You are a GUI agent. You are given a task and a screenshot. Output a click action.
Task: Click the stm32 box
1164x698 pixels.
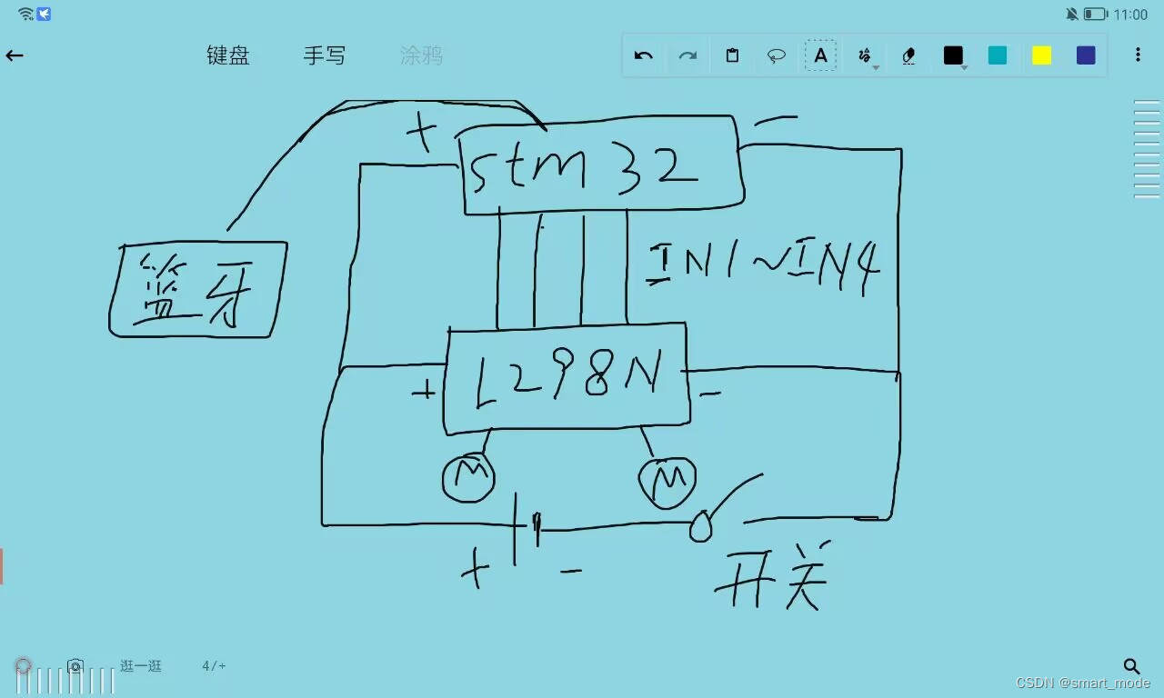click(x=600, y=165)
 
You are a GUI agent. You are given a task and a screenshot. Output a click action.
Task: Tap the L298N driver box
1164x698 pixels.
click(x=566, y=378)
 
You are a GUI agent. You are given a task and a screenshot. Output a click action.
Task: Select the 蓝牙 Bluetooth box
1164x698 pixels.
click(x=197, y=289)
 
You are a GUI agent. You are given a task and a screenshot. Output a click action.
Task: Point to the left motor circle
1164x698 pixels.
click(x=468, y=476)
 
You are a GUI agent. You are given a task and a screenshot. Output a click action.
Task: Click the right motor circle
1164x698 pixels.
click(x=667, y=483)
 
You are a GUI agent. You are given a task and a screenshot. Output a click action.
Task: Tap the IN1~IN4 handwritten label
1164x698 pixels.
click(x=764, y=264)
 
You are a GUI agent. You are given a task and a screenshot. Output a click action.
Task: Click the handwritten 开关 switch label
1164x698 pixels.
click(x=772, y=578)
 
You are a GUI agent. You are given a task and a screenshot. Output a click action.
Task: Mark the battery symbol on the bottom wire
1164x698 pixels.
click(x=527, y=525)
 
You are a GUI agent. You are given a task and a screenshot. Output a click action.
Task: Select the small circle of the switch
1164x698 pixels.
click(x=700, y=526)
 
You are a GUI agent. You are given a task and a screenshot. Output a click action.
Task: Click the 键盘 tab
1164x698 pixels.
click(x=228, y=55)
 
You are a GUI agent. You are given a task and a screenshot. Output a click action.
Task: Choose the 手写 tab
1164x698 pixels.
click(x=325, y=55)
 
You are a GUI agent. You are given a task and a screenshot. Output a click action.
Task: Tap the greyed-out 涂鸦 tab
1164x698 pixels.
click(x=421, y=55)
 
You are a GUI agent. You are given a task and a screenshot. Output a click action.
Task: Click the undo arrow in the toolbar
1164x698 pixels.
click(x=644, y=55)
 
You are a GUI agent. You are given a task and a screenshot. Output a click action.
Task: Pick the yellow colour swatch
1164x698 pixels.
click(x=1041, y=55)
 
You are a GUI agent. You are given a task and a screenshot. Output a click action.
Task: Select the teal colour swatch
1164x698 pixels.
click(x=998, y=55)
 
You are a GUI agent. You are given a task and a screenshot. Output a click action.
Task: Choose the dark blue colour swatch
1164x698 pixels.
click(x=1086, y=55)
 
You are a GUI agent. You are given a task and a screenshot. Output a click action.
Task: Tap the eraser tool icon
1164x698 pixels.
click(x=908, y=55)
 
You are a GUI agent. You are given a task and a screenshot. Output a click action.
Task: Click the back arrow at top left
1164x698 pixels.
click(x=15, y=55)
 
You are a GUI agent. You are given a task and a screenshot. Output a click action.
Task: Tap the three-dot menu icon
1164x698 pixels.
click(x=1138, y=55)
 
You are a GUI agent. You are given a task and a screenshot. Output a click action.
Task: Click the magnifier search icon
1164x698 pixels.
click(x=1131, y=667)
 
